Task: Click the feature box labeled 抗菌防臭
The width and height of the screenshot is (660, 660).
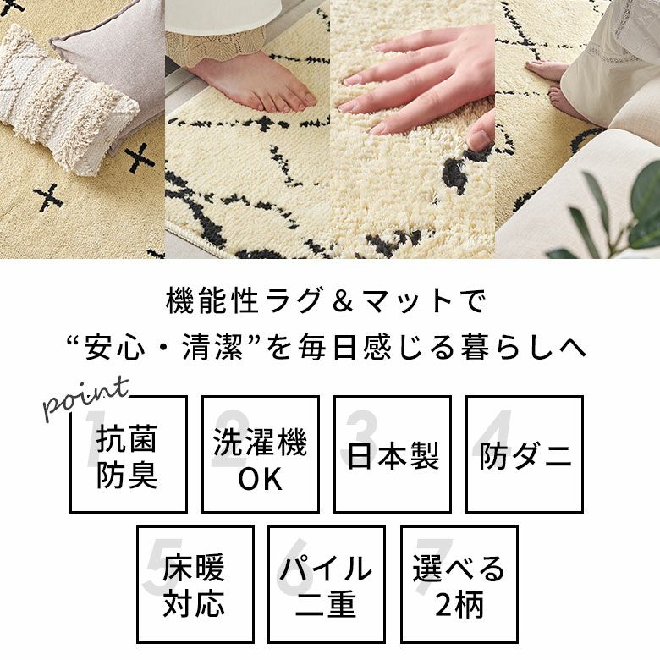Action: pyautogui.click(x=128, y=454)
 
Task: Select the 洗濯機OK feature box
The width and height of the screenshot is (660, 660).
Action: pyautogui.click(x=260, y=454)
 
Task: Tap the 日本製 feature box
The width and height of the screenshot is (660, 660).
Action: pyautogui.click(x=393, y=454)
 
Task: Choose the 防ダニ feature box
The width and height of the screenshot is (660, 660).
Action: pyautogui.click(x=525, y=454)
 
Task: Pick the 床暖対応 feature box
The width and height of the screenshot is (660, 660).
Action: pyautogui.click(x=195, y=585)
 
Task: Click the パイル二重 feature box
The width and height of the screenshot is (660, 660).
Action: pyautogui.click(x=327, y=585)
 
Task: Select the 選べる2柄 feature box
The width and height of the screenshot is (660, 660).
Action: pyautogui.click(x=459, y=585)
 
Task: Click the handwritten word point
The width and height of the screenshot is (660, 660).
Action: pyautogui.click(x=85, y=397)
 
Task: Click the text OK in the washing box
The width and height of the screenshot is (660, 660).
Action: pyautogui.click(x=260, y=479)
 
